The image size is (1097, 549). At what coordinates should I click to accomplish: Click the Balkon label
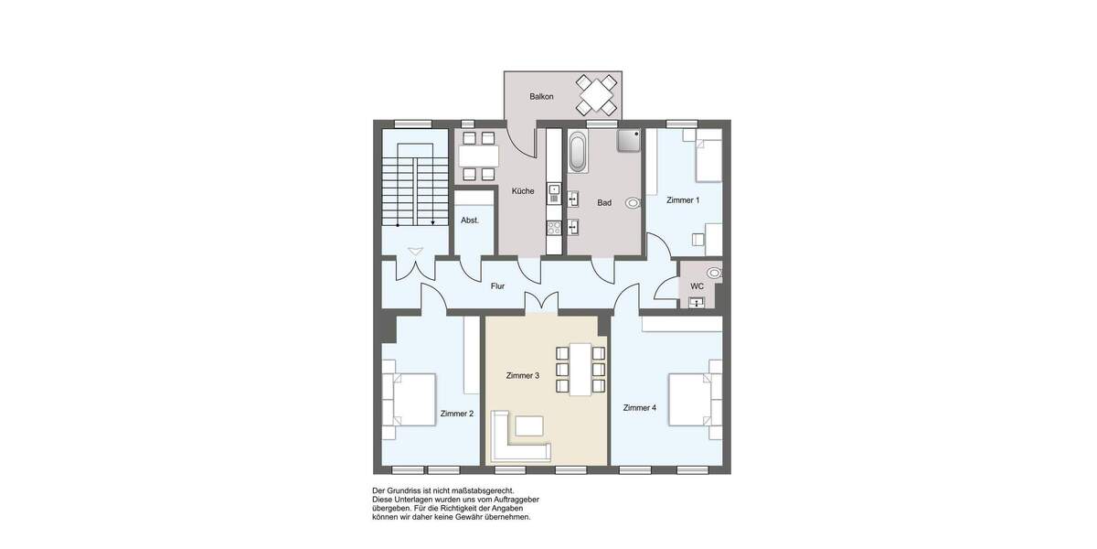click(541, 96)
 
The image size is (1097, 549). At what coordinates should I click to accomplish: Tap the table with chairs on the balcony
click(596, 94)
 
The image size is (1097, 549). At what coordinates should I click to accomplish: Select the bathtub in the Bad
click(579, 152)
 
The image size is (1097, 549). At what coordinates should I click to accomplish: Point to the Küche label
click(523, 191)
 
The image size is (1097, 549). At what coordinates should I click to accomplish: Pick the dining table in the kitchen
click(477, 156)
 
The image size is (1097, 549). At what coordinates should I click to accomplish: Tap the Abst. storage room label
click(469, 221)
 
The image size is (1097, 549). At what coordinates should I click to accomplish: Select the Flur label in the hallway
click(497, 286)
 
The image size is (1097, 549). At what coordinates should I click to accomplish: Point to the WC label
click(697, 286)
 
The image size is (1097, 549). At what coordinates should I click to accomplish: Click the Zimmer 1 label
click(683, 200)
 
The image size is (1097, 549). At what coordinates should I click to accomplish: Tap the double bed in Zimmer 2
click(411, 400)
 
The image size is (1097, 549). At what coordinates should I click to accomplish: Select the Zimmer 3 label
click(522, 375)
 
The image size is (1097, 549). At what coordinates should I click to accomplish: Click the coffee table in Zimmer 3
click(528, 425)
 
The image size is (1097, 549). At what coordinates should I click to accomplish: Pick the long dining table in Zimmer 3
click(580, 369)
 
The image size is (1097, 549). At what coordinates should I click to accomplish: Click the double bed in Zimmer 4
click(691, 399)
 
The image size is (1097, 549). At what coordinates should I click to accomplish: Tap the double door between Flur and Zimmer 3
click(540, 304)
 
